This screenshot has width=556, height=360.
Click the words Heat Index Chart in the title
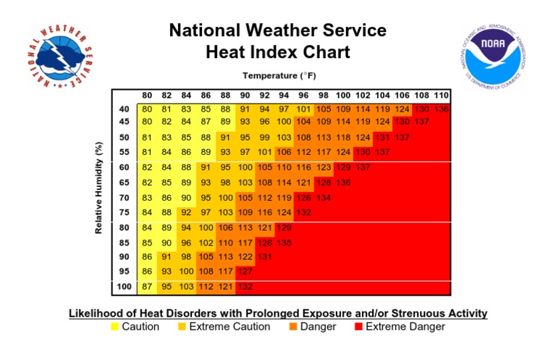(x=278, y=52)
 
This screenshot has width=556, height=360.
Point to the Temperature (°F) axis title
(x=279, y=75)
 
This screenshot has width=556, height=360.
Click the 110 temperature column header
(x=441, y=96)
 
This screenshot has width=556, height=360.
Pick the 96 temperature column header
(x=303, y=96)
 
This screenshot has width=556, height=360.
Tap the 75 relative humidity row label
(x=125, y=212)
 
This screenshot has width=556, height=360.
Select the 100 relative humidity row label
(x=125, y=288)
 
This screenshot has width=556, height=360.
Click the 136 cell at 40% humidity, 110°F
(x=441, y=109)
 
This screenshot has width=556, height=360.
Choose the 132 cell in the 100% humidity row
(x=245, y=288)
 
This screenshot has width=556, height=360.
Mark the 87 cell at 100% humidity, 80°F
(x=148, y=288)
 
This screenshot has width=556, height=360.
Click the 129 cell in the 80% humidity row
(x=284, y=227)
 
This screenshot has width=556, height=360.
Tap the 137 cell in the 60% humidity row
(x=363, y=167)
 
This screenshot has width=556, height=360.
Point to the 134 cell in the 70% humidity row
(x=323, y=197)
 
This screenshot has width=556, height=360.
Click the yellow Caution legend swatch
(x=114, y=327)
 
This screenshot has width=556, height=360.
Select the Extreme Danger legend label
(x=405, y=327)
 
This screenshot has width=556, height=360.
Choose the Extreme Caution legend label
(x=229, y=327)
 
